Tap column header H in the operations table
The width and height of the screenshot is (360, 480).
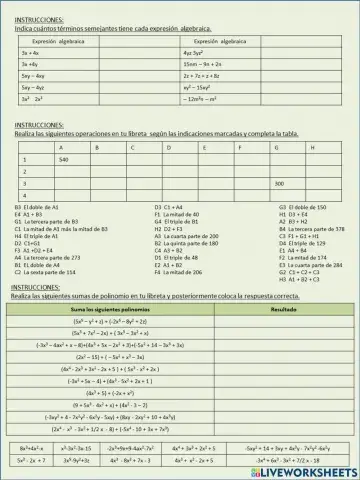(x=313, y=147)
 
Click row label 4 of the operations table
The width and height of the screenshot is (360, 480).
(x=24, y=195)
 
